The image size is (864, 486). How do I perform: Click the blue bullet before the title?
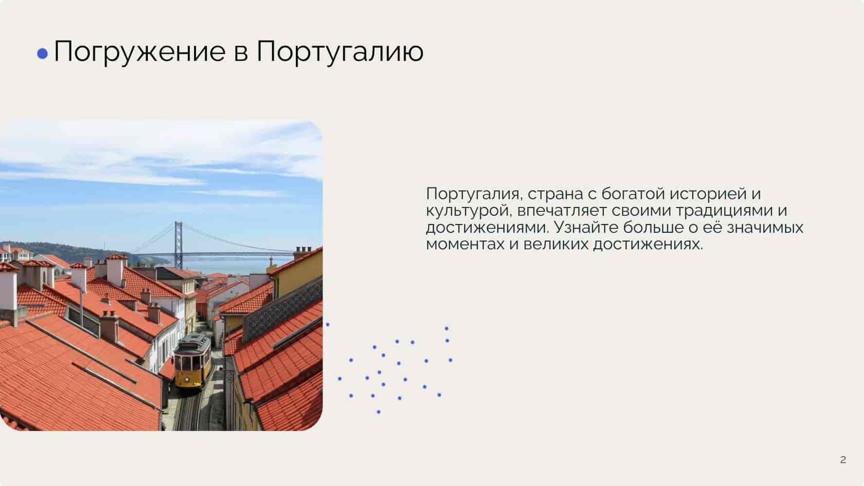(x=43, y=54)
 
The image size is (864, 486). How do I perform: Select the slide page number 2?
(x=843, y=459)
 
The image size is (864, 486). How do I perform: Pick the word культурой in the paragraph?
(x=468, y=211)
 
